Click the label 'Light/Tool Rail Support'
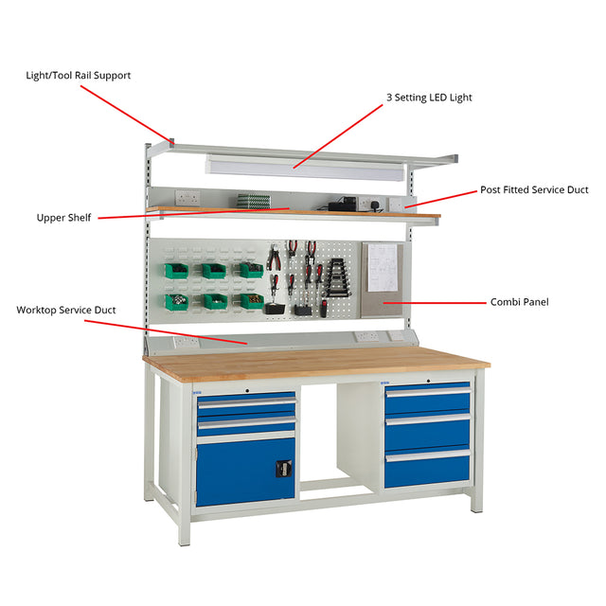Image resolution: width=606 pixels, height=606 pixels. (x=78, y=76)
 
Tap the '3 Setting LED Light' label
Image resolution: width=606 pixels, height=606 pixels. (x=429, y=98)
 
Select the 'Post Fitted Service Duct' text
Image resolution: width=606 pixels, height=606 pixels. (x=534, y=189)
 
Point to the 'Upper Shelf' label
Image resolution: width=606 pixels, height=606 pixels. (x=63, y=218)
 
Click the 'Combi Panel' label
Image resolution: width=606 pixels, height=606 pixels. (x=519, y=302)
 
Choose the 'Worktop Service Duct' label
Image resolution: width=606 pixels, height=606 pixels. (x=66, y=310)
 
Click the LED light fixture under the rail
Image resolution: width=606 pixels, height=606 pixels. (x=305, y=169)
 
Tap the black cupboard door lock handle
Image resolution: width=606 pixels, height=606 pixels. (x=283, y=469)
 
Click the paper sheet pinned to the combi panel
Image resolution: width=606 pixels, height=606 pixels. (x=383, y=267)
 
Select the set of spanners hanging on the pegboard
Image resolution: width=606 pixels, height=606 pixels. (x=337, y=277)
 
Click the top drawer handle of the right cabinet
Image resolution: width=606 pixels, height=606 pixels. (x=428, y=393)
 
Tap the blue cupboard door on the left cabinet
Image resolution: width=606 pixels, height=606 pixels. (x=246, y=474)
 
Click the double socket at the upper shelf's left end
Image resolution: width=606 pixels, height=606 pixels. (x=187, y=198)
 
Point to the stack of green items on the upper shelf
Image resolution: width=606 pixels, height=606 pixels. (x=254, y=201)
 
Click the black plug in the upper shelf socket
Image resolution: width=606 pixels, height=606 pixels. (x=374, y=205)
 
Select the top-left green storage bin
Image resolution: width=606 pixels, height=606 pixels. (x=176, y=270)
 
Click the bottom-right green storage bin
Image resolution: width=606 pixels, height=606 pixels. (x=252, y=300)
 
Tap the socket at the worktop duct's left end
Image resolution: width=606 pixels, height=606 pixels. (x=187, y=342)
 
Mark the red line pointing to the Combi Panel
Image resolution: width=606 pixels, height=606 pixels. (x=435, y=303)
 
